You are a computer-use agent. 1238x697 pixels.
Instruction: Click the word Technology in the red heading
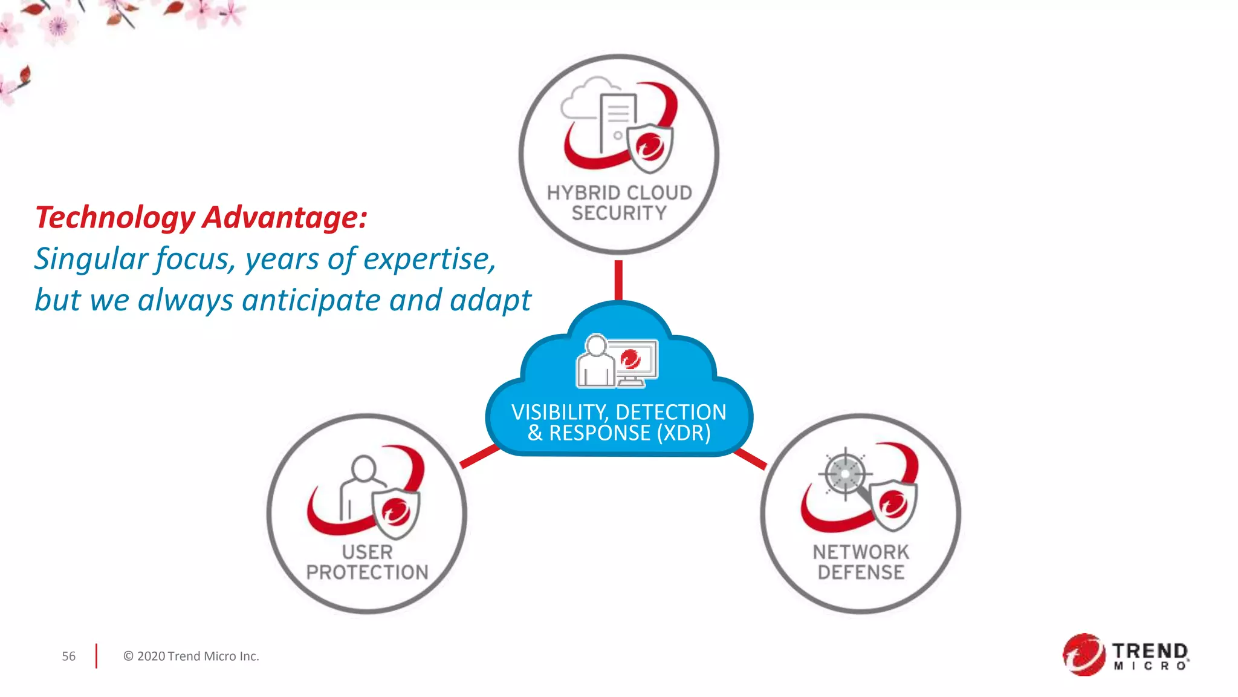115,218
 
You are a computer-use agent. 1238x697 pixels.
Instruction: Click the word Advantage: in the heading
285,217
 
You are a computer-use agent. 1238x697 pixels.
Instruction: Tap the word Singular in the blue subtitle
91,259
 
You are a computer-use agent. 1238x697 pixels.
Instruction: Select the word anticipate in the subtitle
311,300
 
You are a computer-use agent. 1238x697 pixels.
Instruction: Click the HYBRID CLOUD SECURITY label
619,203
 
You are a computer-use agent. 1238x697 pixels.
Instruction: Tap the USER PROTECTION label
367,562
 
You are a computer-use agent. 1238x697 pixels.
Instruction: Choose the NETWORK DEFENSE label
860,562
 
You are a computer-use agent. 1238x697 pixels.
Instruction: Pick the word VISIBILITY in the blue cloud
557,413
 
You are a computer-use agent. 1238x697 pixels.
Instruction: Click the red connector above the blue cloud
618,280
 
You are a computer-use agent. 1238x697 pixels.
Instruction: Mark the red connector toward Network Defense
750,459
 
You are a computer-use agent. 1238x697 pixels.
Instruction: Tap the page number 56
69,656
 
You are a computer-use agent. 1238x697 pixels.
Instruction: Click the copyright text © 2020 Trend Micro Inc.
191,656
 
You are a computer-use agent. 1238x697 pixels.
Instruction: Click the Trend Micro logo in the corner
1126,655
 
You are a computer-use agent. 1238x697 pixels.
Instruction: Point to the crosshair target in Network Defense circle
844,474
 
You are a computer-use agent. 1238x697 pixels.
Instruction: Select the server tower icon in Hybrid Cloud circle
617,121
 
